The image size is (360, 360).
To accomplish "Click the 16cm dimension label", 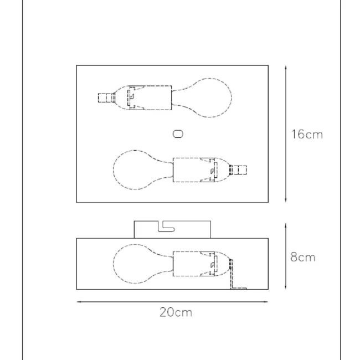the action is (307, 135).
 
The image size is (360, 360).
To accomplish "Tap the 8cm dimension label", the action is (303, 257).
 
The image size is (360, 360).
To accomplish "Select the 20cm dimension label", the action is (176, 312).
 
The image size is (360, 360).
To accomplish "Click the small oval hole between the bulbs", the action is (178, 134).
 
